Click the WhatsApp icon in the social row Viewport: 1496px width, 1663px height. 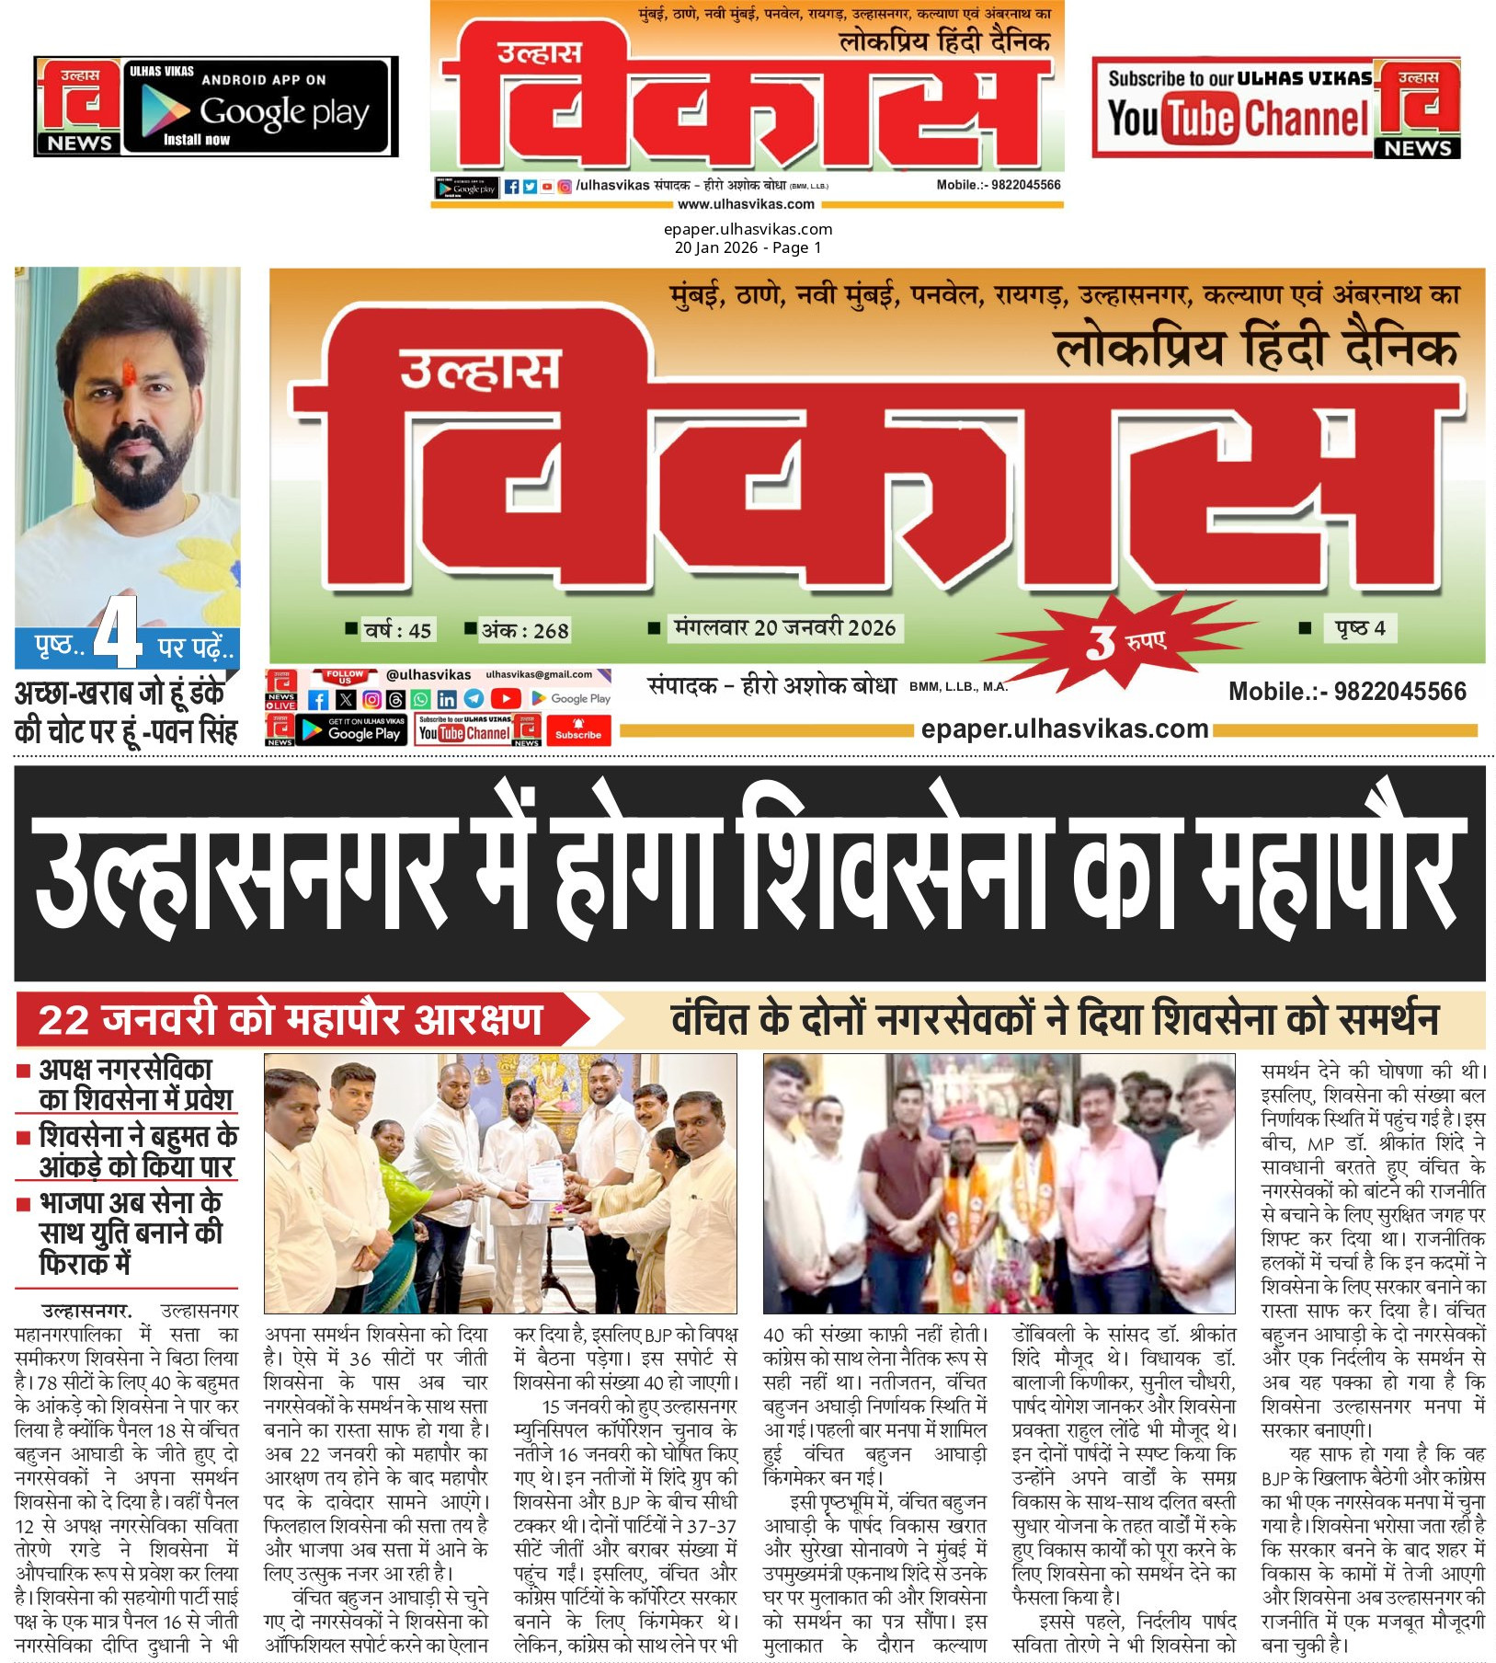point(420,699)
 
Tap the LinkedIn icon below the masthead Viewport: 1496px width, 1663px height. point(447,699)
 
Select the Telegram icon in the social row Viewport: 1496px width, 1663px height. point(474,699)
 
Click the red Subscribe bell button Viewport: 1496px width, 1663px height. point(578,729)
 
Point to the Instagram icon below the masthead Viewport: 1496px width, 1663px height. point(371,699)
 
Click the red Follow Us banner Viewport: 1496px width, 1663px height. point(344,676)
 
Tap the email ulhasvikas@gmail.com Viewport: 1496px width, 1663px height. point(539,674)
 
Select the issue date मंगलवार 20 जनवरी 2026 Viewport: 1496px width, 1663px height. point(784,628)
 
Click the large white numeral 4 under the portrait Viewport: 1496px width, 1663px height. point(118,634)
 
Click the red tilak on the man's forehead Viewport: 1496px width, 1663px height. point(130,373)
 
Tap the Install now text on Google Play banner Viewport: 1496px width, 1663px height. point(196,140)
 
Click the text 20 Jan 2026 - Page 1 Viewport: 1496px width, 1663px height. point(748,247)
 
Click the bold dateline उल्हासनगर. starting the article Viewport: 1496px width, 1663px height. point(86,1310)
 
